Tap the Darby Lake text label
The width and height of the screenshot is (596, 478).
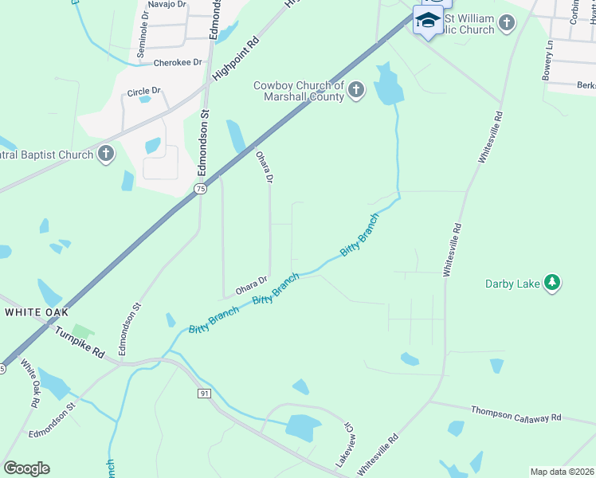513,284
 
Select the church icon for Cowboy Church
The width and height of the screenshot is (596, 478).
356,92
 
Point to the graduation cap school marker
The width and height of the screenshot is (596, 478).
428,21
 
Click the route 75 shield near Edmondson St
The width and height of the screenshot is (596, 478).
200,189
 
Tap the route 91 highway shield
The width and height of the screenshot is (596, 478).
205,394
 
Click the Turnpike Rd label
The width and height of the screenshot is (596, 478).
80,342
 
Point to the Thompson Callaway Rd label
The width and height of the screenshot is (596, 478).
516,415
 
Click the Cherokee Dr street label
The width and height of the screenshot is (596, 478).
177,62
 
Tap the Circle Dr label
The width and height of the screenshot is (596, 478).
143,92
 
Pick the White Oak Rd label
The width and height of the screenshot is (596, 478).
29,383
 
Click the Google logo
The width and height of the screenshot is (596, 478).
26,468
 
